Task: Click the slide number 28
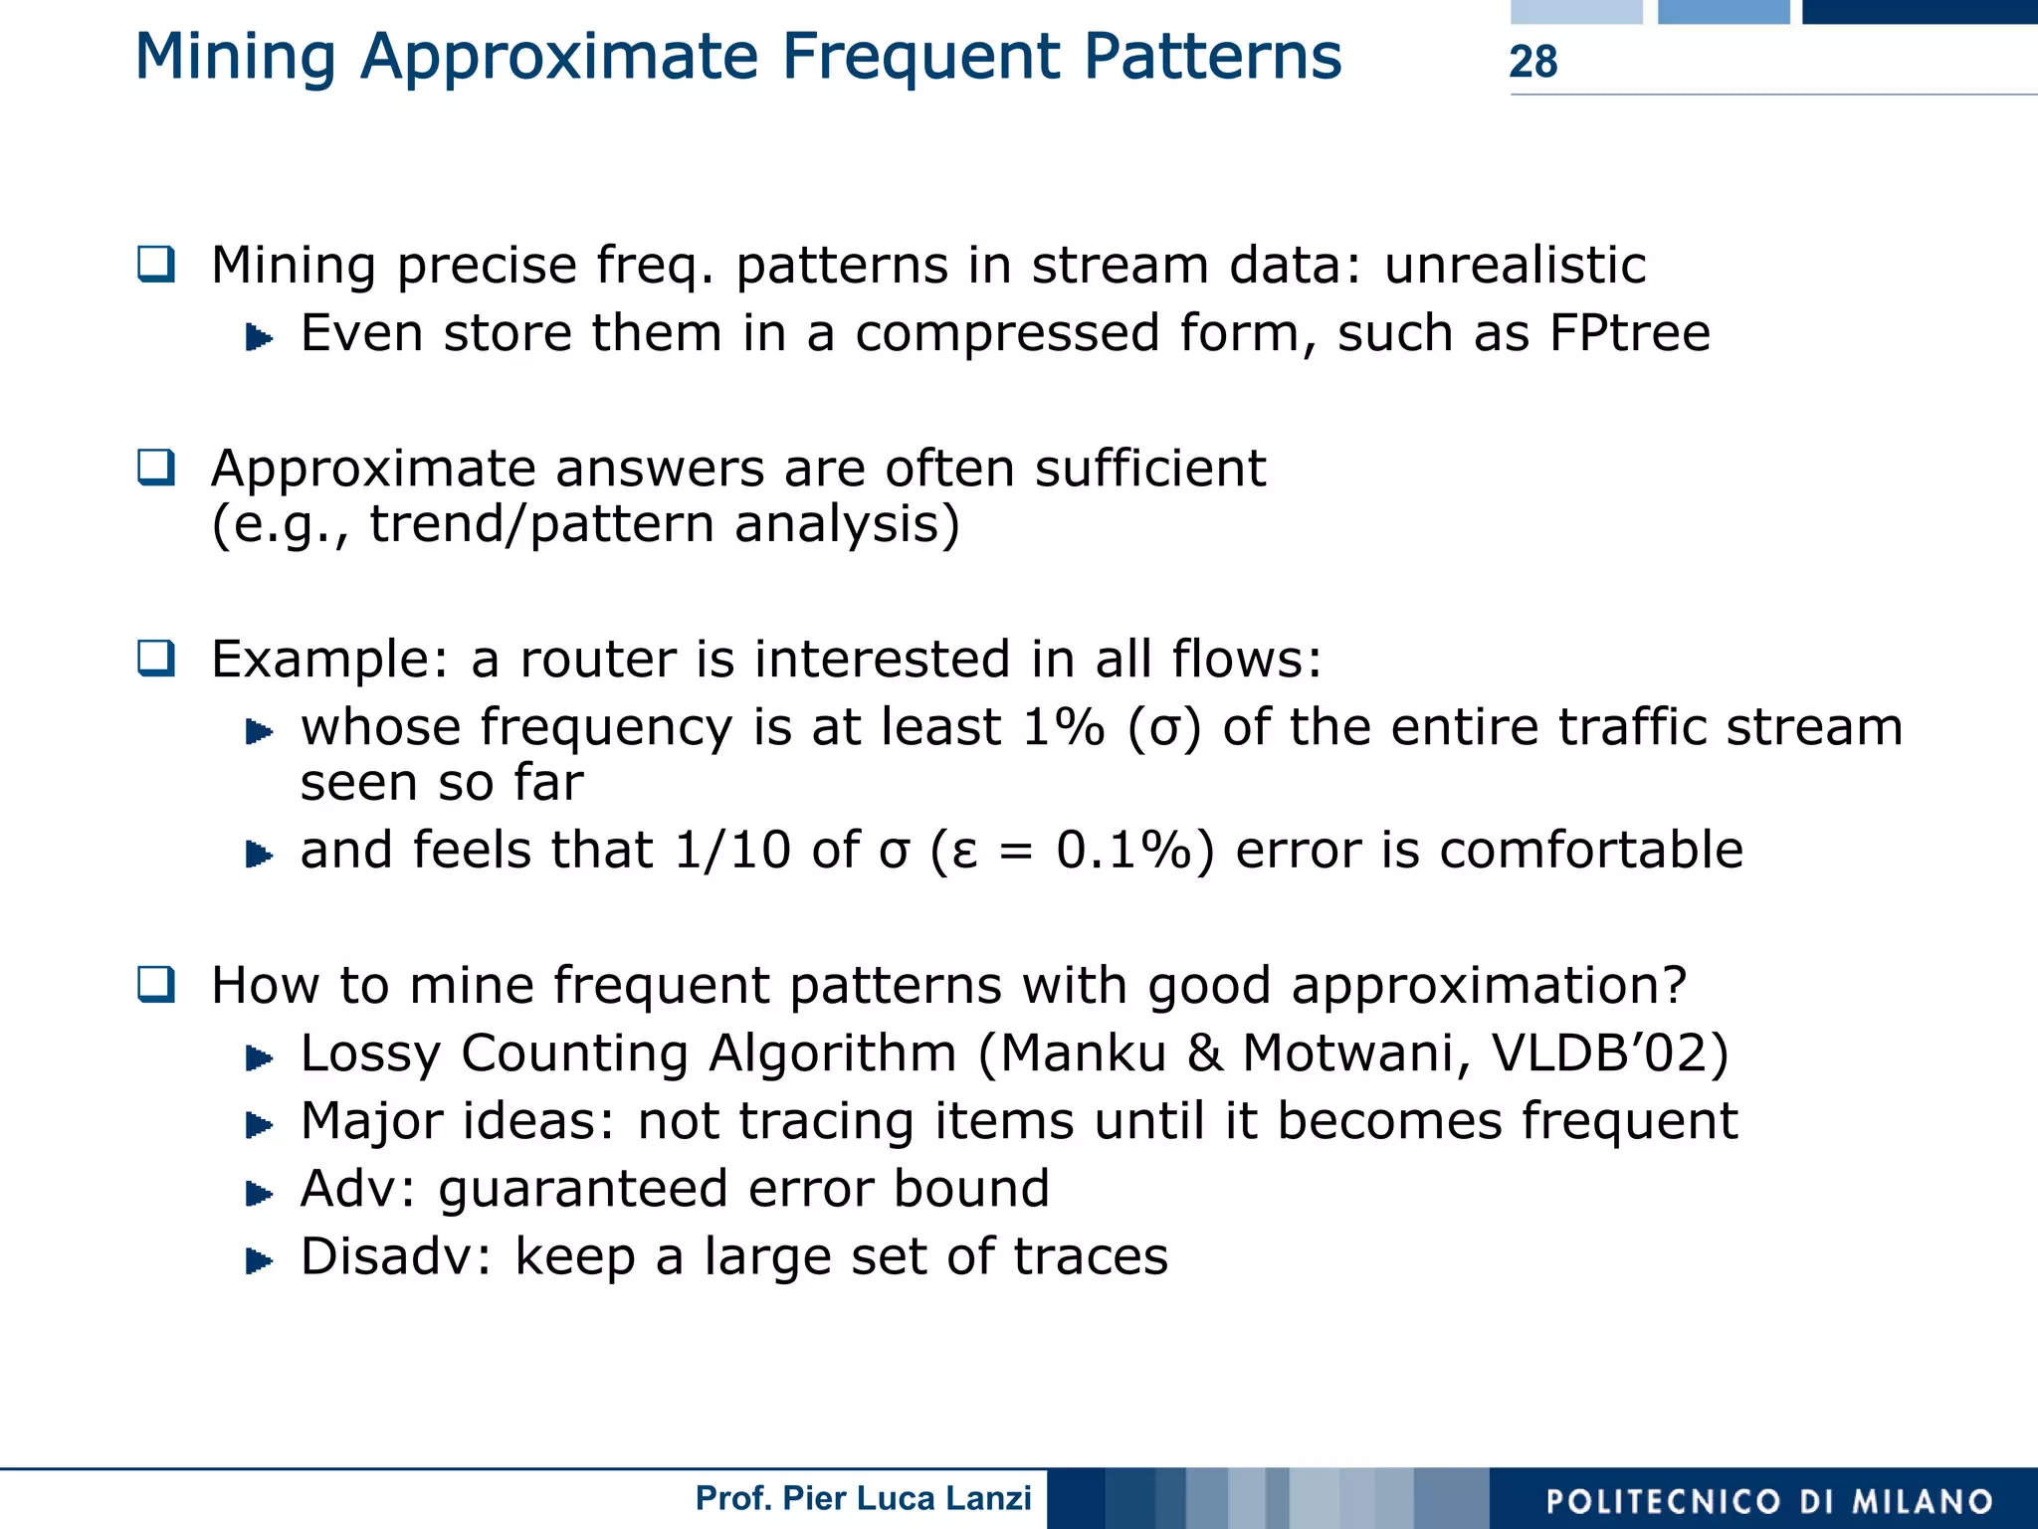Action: point(1532,62)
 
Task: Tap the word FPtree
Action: point(1629,333)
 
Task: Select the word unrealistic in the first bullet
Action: point(1515,266)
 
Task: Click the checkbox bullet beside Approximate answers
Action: point(156,468)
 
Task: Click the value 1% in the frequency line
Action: point(1063,727)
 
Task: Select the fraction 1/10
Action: point(731,851)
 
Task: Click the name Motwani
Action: point(1355,1053)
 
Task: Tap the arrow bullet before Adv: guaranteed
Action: point(259,1193)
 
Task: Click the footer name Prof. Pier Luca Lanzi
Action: point(863,1498)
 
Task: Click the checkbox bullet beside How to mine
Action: point(156,985)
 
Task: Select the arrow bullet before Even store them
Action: point(259,338)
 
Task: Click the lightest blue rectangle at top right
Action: point(1575,11)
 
